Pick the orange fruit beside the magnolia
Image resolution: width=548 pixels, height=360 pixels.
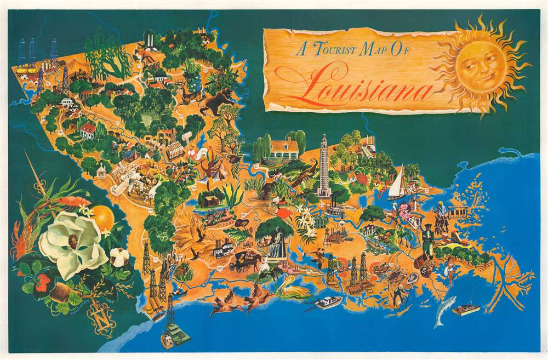102,219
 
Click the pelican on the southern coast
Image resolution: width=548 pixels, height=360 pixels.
293,288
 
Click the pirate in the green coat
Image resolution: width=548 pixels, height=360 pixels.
427,238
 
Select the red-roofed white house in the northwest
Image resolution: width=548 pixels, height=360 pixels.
88,130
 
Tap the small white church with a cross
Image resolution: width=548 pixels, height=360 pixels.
100,170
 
